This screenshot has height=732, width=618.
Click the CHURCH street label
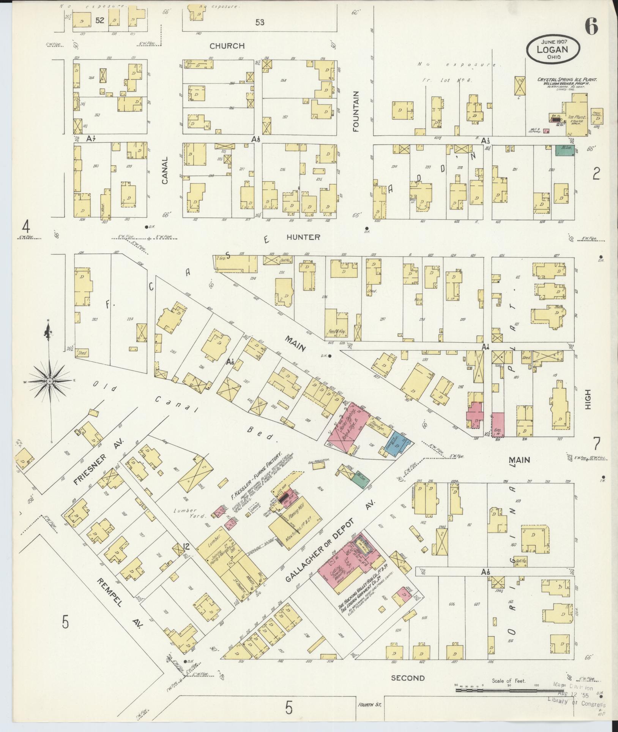227,46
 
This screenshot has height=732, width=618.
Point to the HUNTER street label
303,237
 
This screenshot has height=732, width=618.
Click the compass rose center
50,381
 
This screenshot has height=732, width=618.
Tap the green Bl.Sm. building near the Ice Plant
565,150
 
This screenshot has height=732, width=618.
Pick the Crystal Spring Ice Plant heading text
567,80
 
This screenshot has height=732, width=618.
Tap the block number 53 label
260,22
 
